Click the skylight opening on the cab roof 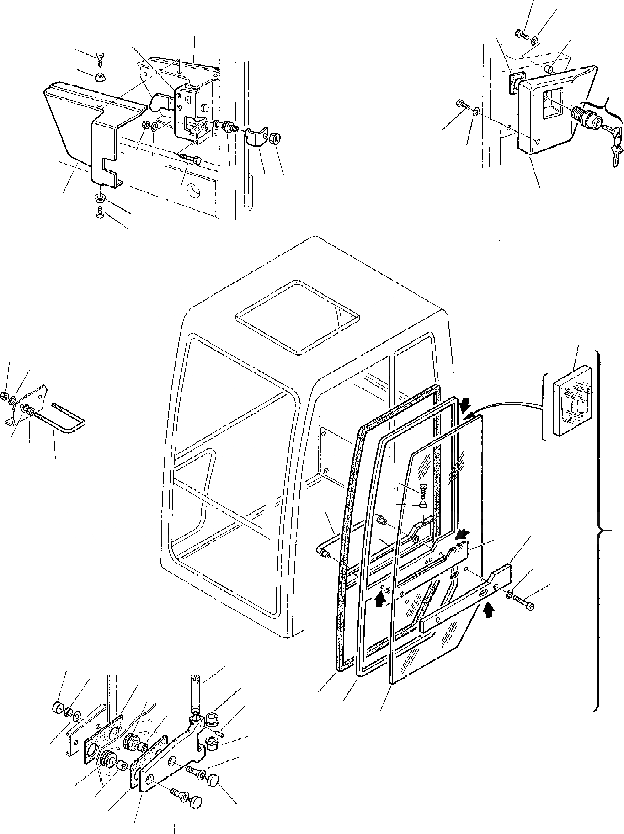coord(297,317)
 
